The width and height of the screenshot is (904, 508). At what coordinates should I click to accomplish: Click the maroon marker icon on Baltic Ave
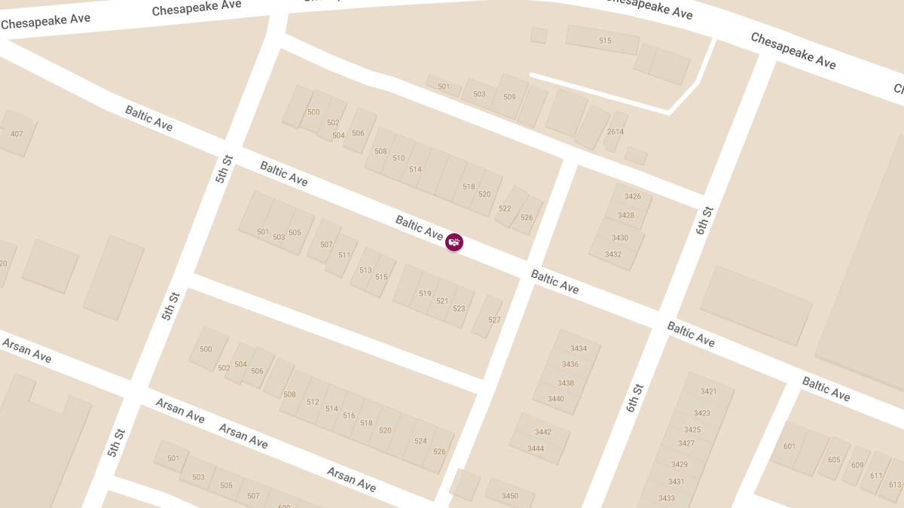point(454,242)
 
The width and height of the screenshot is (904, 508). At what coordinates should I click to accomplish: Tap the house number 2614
point(615,132)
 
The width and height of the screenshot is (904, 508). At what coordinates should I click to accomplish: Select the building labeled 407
point(17,134)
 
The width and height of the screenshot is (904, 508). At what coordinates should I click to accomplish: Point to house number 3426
point(633,197)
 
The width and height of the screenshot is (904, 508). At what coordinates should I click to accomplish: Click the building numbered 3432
point(613,254)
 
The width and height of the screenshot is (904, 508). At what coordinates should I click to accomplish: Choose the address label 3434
point(579,348)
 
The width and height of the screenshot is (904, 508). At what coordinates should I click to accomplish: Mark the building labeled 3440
point(556,399)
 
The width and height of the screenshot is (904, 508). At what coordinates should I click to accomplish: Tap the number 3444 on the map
point(536,449)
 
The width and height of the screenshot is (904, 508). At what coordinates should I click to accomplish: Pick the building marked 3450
point(510,496)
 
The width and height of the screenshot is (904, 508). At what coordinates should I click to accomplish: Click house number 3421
point(709,391)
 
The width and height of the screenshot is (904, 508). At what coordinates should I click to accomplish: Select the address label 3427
point(686,443)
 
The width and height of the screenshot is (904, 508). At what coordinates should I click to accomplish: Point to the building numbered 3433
point(667,498)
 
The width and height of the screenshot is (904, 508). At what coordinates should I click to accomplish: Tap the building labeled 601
point(789,446)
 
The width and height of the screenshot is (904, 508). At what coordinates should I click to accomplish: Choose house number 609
point(858,465)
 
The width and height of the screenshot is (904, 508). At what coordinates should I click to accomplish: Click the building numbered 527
point(494,320)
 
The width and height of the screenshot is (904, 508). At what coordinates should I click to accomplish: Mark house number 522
point(505,208)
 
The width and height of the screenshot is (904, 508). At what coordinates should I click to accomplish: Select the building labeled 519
point(425,294)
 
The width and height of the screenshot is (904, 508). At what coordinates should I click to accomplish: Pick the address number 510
point(399,158)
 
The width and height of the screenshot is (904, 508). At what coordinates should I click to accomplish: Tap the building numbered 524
point(420,441)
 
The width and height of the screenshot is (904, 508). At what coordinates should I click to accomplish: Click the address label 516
point(349,415)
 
